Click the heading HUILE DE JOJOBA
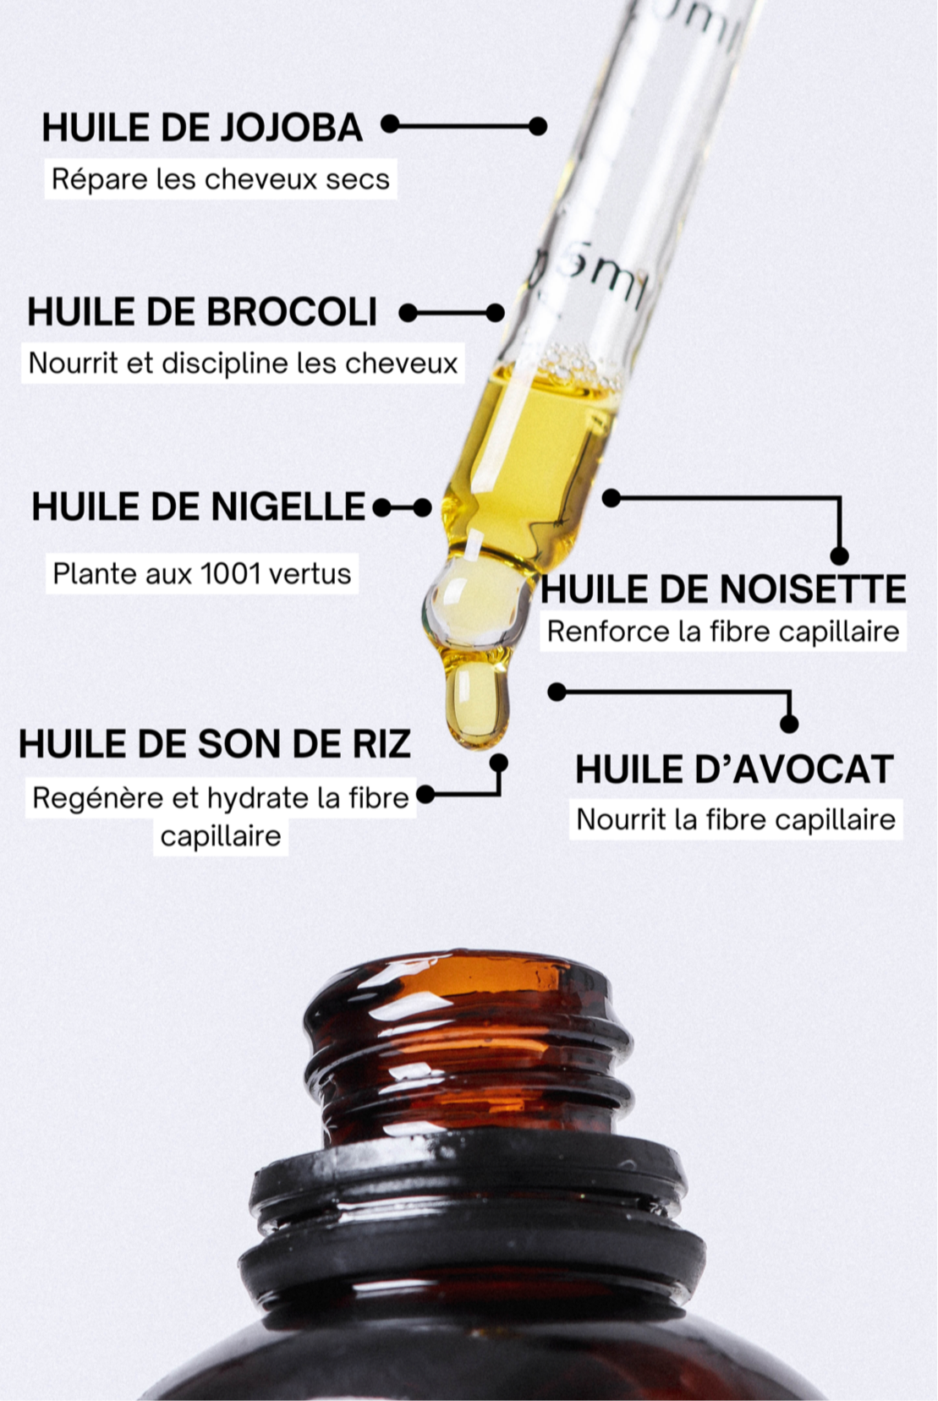[202, 128]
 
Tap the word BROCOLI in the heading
[292, 311]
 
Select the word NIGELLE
[288, 506]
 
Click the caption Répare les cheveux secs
[220, 179]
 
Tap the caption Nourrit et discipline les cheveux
[243, 364]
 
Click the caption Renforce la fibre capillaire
[722, 632]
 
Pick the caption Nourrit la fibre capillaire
[736, 819]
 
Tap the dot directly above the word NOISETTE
[839, 555]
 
